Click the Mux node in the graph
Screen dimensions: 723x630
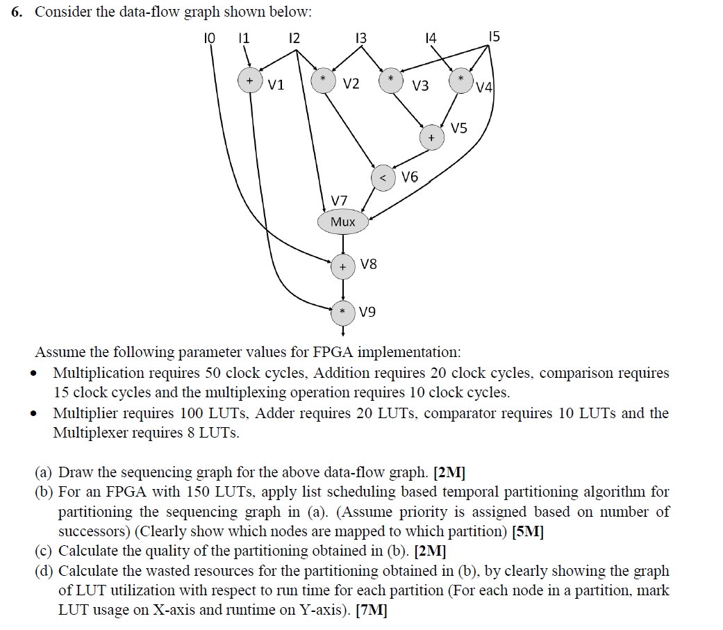[343, 222]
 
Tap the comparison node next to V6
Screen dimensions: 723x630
[383, 177]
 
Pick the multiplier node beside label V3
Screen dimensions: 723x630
[391, 80]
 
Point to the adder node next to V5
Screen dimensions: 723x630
[431, 138]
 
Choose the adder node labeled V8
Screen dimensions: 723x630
[343, 265]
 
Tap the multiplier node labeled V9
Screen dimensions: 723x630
[343, 313]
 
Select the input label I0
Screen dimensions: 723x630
[209, 38]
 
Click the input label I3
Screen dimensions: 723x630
[360, 38]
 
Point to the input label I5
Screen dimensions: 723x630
[494, 37]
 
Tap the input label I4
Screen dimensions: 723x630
[431, 38]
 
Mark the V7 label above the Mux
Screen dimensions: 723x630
[339, 201]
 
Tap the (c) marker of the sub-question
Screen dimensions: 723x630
[44, 552]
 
